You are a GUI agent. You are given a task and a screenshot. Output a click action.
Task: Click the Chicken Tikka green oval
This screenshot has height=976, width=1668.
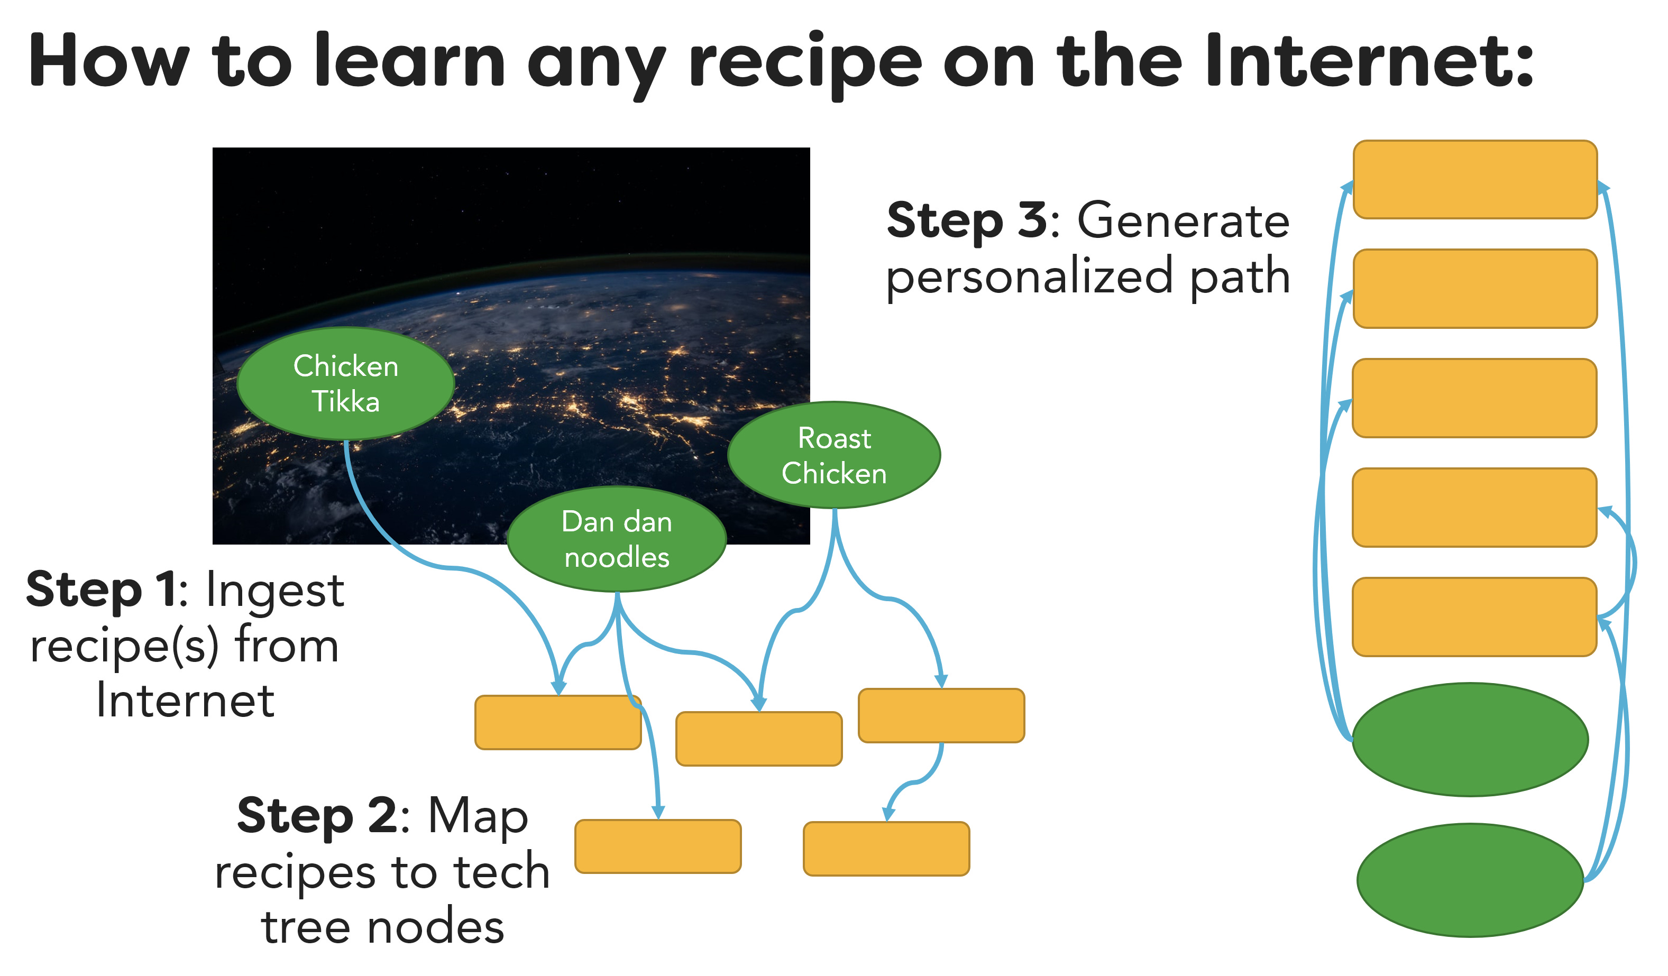click(345, 384)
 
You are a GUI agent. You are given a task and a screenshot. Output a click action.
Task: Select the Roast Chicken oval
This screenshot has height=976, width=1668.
click(834, 456)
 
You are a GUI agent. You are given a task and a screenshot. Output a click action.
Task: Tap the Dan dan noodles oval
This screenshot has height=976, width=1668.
click(617, 539)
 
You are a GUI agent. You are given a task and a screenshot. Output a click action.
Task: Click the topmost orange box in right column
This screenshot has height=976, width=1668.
click(1475, 180)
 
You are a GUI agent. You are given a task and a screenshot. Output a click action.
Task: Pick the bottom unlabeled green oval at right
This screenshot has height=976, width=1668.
click(1470, 881)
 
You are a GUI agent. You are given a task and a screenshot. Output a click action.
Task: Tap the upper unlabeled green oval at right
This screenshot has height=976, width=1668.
click(1470, 740)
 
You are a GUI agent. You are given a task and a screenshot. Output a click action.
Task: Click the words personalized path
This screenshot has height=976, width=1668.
click(1089, 277)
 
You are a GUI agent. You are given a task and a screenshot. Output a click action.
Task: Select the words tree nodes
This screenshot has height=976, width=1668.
click(382, 927)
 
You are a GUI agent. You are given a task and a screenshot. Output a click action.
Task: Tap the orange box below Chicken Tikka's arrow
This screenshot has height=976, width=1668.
click(558, 723)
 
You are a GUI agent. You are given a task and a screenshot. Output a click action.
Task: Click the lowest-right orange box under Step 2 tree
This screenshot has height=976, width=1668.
click(886, 849)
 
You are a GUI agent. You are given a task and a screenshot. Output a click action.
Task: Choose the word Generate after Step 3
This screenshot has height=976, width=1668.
click(1184, 220)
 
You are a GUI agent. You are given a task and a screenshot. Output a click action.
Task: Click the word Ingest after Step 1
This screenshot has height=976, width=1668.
click(274, 590)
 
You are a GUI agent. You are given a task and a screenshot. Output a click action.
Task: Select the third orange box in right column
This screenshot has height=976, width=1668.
click(1475, 398)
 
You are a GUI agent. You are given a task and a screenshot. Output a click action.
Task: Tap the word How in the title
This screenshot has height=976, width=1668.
click(109, 61)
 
